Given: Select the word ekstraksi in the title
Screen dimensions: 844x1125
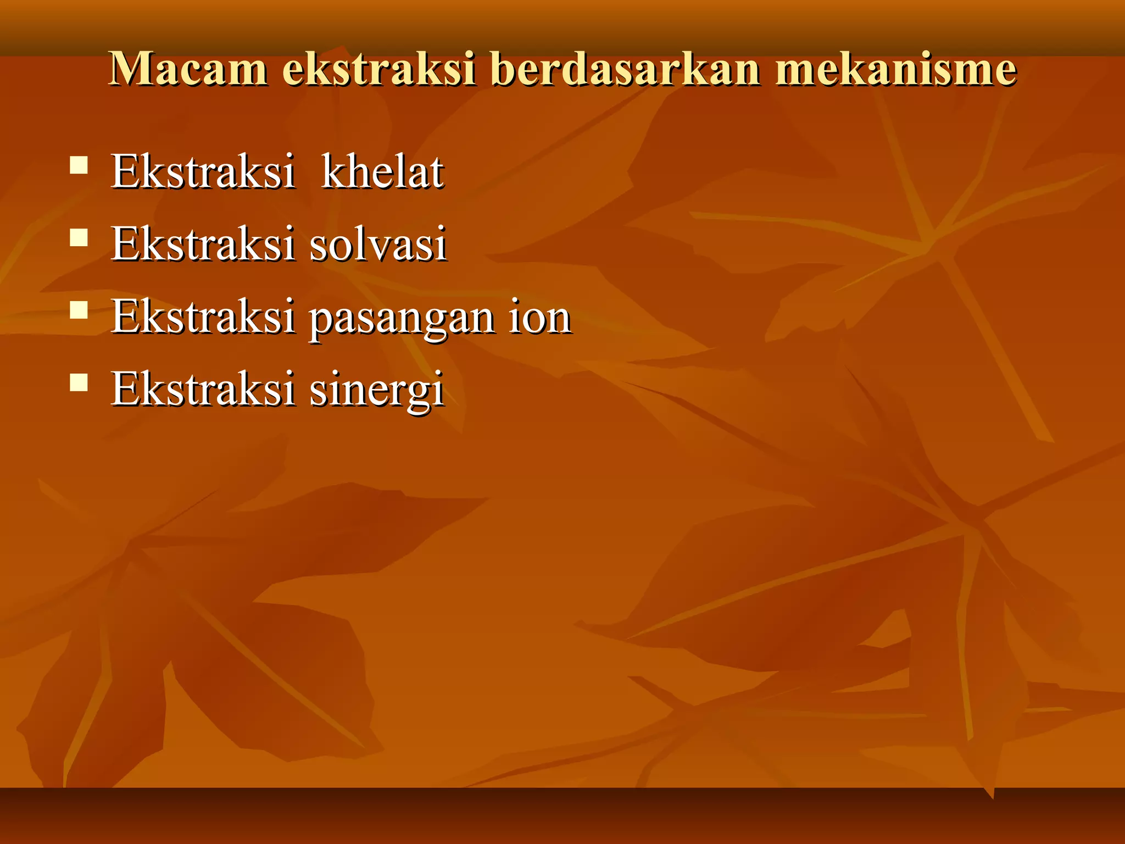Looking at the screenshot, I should point(378,69).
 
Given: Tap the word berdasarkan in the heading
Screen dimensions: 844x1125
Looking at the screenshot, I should point(626,69).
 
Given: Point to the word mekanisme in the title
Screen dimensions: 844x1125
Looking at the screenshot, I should point(895,69).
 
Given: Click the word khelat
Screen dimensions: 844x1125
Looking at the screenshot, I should point(382,171).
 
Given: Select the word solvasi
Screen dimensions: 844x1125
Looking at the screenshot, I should point(378,244).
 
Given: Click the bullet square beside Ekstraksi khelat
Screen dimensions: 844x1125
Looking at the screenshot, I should point(79,165).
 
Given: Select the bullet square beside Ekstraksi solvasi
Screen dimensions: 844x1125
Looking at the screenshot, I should point(79,237).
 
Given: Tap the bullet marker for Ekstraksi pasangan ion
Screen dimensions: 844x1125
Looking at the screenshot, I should point(79,310).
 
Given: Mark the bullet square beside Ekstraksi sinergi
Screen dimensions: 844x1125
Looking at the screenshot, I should point(79,382).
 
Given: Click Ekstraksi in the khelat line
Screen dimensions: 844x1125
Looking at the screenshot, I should point(203,171).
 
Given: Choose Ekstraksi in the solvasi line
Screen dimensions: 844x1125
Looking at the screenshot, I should point(203,244).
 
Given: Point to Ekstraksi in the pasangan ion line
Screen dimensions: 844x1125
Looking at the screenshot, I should point(203,317).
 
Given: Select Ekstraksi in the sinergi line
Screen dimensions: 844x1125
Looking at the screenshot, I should point(203,389).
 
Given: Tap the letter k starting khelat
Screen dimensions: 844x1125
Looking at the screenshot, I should point(333,171).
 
